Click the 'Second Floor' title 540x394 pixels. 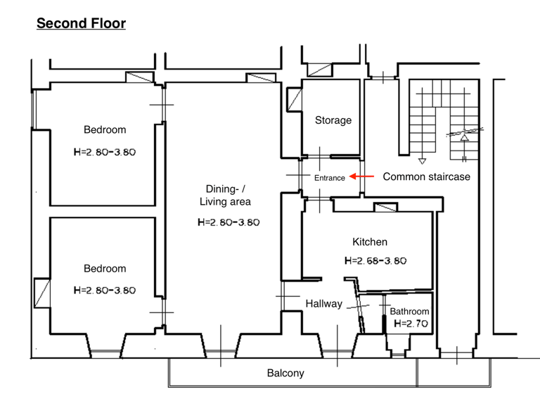[81, 23]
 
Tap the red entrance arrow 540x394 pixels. [361, 177]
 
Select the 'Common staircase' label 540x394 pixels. [426, 177]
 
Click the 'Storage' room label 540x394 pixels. [333, 120]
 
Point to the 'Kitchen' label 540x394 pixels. [370, 242]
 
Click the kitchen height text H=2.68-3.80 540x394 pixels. [375, 260]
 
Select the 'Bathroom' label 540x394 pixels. [409, 311]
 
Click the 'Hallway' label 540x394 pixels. [323, 304]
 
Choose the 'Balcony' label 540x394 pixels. [285, 373]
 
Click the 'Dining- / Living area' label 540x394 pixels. [224, 195]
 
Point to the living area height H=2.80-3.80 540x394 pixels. [229, 222]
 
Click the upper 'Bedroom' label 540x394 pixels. [105, 129]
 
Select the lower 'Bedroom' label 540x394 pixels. [105, 268]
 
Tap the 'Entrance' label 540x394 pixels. [329, 178]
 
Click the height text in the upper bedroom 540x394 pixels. [104, 151]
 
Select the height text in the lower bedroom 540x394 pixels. [104, 290]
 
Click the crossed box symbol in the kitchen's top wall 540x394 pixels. [385, 207]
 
